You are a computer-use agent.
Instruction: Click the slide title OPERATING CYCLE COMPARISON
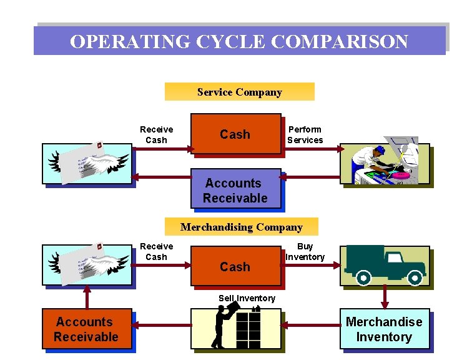coord(239,41)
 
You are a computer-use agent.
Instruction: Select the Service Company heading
coord(239,92)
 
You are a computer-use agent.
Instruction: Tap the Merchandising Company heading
coord(241,227)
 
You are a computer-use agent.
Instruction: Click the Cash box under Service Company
coord(235,134)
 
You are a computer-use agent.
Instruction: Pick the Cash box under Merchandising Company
coord(235,267)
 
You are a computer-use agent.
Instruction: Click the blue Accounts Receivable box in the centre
coord(235,190)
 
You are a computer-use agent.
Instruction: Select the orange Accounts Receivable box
coord(86,329)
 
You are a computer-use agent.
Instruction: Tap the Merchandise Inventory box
coord(384,329)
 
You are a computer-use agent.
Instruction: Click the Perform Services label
coord(305,134)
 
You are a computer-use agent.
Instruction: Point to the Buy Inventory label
coord(305,251)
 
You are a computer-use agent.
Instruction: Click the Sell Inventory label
coord(247,298)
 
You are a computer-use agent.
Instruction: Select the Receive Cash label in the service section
coord(156,134)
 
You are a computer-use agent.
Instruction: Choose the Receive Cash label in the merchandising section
coord(156,251)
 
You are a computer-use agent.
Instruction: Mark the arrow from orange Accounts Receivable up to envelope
coord(87,297)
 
